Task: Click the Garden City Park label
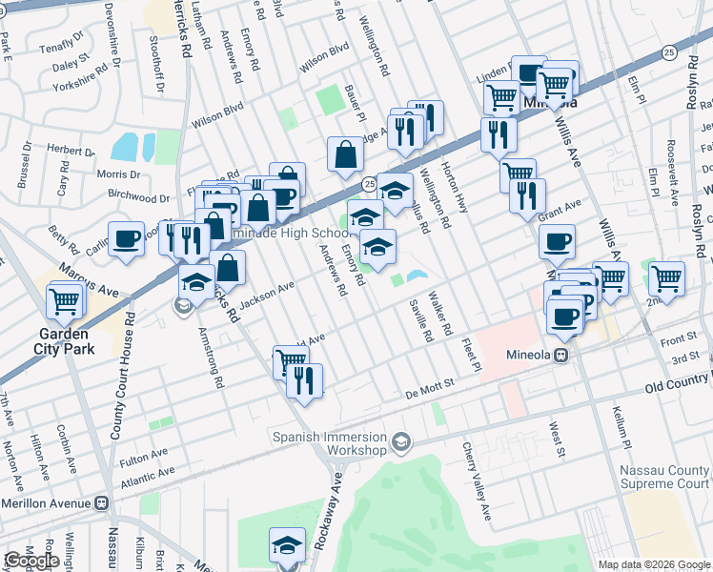(x=63, y=341)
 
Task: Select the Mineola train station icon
(x=561, y=354)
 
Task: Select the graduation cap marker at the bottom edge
(x=287, y=544)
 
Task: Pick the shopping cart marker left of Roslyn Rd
(x=667, y=278)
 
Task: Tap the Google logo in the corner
(x=31, y=561)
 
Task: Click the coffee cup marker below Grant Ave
(x=558, y=241)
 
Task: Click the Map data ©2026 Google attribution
(x=654, y=564)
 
